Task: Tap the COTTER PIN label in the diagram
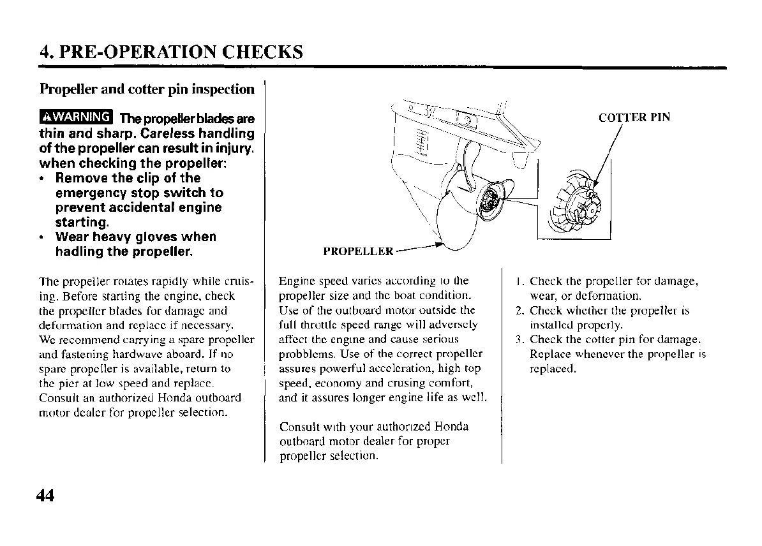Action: [x=634, y=117]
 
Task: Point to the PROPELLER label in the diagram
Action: [x=358, y=251]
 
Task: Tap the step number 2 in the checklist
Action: [x=519, y=311]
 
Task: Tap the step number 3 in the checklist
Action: [x=519, y=340]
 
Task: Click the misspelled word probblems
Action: [x=303, y=354]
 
